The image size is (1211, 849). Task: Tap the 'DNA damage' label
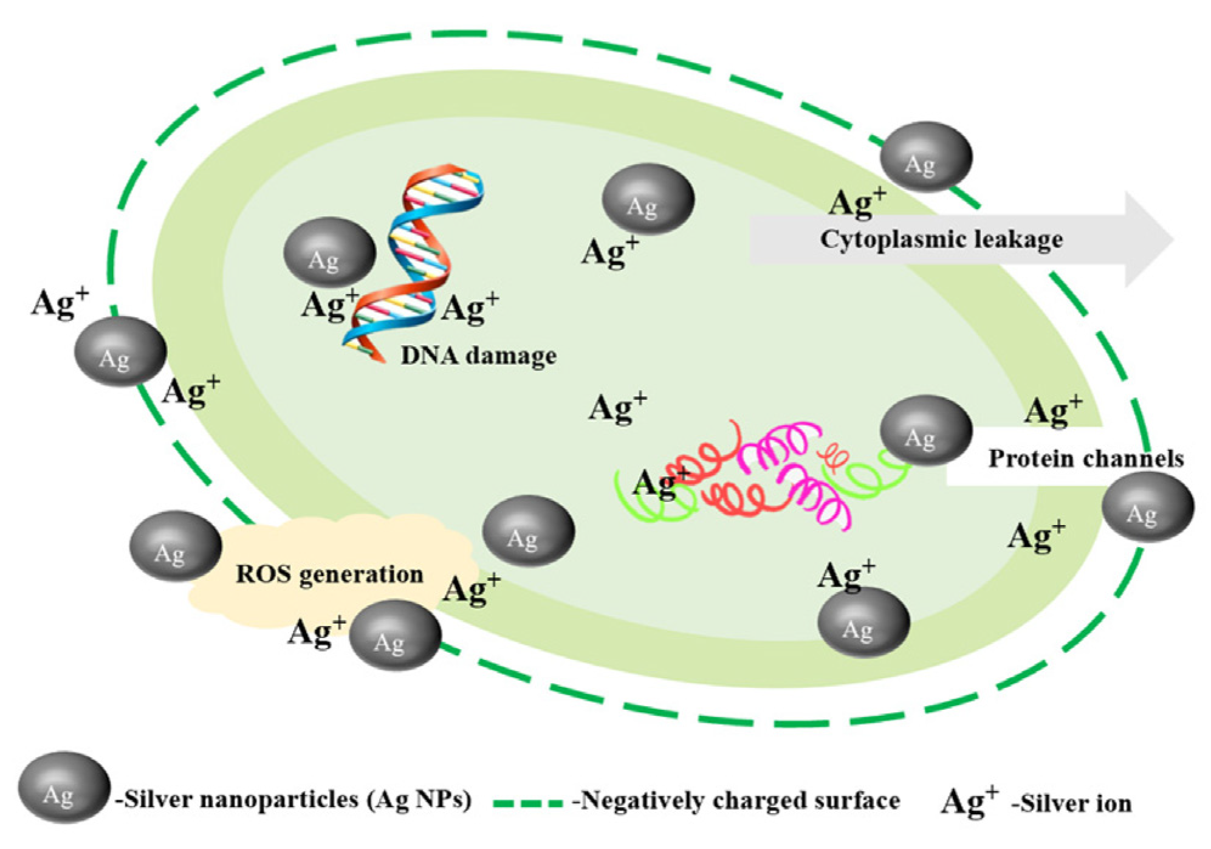click(479, 355)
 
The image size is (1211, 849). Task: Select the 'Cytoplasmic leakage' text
click(941, 239)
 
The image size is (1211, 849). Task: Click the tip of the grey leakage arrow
click(1170, 239)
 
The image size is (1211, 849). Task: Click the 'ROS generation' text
click(329, 574)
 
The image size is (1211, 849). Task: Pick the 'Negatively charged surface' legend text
click(735, 800)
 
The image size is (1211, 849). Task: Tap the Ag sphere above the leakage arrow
click(926, 157)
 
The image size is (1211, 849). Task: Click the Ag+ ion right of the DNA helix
click(470, 308)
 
